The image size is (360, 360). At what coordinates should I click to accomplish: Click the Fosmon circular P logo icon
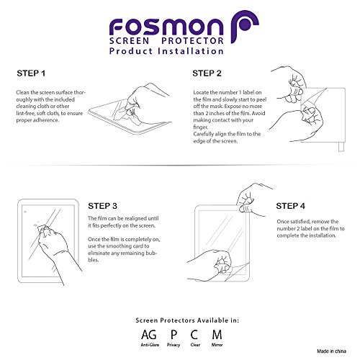[x=244, y=27]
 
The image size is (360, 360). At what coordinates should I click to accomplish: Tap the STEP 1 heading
[x=31, y=73]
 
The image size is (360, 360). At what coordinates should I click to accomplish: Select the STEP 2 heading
[x=207, y=73]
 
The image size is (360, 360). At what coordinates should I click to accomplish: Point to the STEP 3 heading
[x=102, y=206]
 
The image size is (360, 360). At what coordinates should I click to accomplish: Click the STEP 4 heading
[x=290, y=206]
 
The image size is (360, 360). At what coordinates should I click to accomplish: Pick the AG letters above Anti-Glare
[x=149, y=335]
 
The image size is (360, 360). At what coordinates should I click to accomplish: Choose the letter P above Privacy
[x=174, y=335]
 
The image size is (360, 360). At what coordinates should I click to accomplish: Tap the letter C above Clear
[x=194, y=335]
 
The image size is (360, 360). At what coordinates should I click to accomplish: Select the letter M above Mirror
[x=217, y=335]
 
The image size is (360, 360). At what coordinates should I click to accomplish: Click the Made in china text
[x=331, y=351]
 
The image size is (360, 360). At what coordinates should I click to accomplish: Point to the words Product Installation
[x=166, y=51]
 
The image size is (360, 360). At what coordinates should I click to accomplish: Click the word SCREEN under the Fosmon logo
[x=129, y=41]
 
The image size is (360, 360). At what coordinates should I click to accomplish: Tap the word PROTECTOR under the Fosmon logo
[x=192, y=41]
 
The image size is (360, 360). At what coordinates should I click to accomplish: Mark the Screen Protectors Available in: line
[x=187, y=320]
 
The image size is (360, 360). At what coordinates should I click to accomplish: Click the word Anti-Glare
[x=150, y=345]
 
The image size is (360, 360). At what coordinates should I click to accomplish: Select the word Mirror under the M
[x=217, y=345]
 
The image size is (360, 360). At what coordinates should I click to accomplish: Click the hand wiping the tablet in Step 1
[x=144, y=103]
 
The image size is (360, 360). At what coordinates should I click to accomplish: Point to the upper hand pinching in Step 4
[x=252, y=199]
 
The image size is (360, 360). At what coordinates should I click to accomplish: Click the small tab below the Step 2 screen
[x=341, y=147]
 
